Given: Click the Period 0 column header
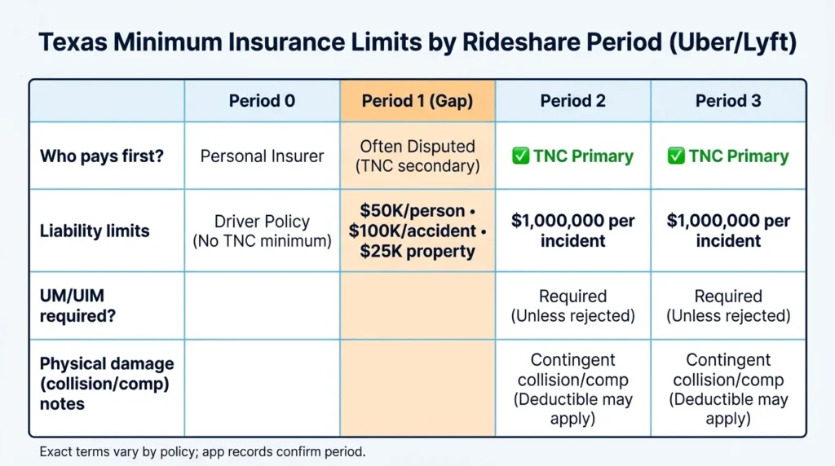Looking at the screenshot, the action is click(262, 101).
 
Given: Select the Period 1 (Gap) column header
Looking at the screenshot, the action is click(417, 101).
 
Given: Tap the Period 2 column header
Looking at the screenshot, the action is click(573, 101).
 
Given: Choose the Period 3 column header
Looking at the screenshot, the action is click(728, 101).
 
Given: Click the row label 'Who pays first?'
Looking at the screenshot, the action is click(102, 156).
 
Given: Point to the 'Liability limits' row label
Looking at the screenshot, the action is click(95, 231).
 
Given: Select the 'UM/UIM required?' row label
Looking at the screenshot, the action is click(77, 306).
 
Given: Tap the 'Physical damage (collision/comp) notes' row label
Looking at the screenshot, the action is click(107, 384).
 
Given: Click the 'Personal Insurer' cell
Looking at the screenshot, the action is click(262, 156).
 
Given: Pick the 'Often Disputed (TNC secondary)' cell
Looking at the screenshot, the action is click(417, 156).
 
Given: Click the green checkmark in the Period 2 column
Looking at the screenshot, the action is click(521, 156).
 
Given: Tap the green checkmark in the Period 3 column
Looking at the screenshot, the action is click(676, 156).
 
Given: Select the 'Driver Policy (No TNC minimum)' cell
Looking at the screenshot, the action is click(262, 231).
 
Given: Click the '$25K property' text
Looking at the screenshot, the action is click(417, 251).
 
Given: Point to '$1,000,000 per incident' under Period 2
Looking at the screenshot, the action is click(573, 231).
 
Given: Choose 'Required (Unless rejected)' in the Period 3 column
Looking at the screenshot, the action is click(728, 306).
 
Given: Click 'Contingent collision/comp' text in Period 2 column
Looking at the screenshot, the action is click(573, 370).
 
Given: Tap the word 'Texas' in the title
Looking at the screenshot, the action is click(73, 42).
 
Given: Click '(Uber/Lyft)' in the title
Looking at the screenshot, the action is click(733, 42).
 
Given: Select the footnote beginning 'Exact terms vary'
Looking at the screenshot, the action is click(202, 451).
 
